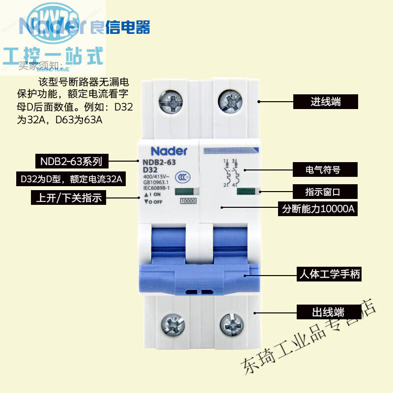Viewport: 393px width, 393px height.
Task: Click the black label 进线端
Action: pos(326,102)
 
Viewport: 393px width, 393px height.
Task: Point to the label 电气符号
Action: pos(323,170)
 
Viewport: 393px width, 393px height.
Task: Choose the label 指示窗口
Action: pos(323,191)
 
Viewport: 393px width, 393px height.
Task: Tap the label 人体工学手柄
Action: pos(329,274)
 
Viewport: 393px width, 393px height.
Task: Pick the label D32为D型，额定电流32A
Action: pos(71,179)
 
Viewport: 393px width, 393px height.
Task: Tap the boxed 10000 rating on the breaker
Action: pos(189,200)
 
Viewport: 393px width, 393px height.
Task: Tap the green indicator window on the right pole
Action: pos(245,191)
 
